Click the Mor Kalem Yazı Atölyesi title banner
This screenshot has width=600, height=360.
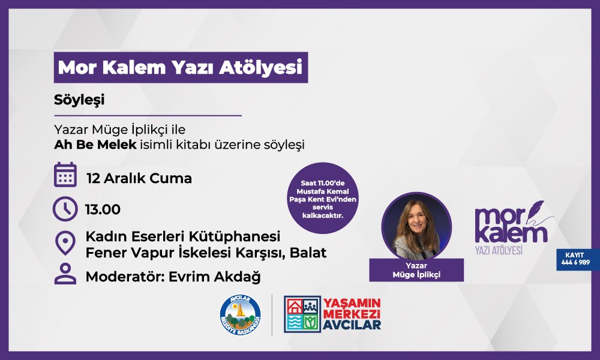pos(180,68)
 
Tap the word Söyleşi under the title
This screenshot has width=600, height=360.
pos(79,100)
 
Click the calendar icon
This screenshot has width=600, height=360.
pos(65,175)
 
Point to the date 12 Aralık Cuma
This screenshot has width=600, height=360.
pos(139,178)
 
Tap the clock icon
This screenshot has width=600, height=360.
pos(65,209)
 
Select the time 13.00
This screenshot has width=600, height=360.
pos(103,210)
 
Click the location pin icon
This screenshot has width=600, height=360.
pos(65,244)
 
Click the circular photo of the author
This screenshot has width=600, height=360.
pos(416,225)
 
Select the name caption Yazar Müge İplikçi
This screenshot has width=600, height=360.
pos(416,271)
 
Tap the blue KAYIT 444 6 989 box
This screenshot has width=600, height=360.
pos(577,259)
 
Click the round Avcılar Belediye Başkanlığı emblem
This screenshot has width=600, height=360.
pos(241,314)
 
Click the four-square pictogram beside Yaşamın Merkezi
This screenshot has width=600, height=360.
pos(302,314)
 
